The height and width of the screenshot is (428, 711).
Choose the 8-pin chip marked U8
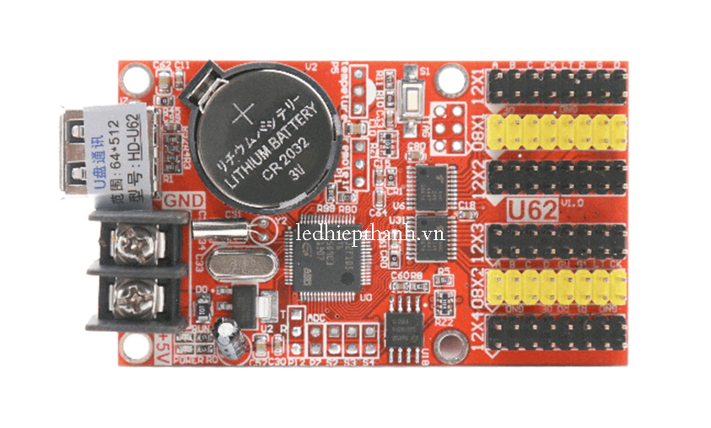point(409,323)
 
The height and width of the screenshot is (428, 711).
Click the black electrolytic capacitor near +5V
point(228,334)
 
